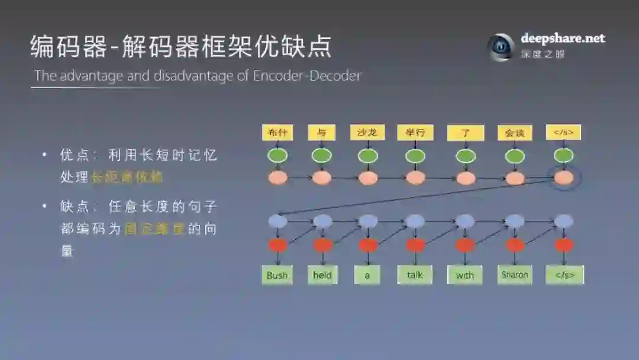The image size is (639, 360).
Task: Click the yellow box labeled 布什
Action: click(x=277, y=133)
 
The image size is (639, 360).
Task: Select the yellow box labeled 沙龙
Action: click(x=367, y=133)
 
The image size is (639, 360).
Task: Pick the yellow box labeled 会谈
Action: click(x=515, y=133)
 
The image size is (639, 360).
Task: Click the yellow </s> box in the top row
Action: click(x=563, y=133)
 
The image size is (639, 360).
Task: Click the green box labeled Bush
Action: click(x=277, y=275)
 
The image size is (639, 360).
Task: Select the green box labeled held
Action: click(x=322, y=275)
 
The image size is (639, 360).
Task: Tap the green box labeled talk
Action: click(x=415, y=275)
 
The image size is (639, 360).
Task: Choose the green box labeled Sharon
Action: click(x=515, y=275)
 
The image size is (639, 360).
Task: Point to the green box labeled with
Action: click(x=465, y=275)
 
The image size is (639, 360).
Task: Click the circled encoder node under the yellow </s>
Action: click(x=564, y=178)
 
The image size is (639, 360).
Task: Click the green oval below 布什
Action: click(x=277, y=156)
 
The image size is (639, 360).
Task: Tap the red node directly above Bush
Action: click(x=277, y=245)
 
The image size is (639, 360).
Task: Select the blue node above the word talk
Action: click(x=415, y=221)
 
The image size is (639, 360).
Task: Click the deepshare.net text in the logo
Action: click(x=563, y=38)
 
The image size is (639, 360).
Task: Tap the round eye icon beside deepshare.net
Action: click(x=501, y=46)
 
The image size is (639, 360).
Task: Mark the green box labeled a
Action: click(x=367, y=275)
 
